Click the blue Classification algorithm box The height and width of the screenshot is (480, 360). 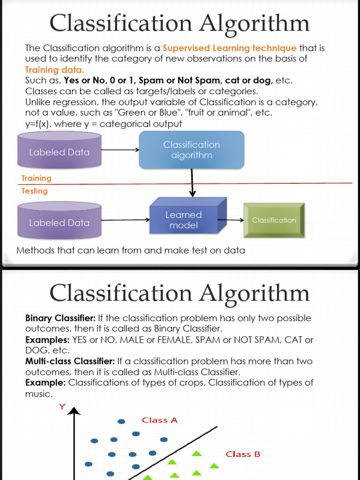pyautogui.click(x=191, y=150)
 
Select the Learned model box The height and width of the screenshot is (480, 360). pyautogui.click(x=184, y=220)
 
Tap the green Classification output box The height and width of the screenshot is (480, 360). pyautogui.click(x=274, y=220)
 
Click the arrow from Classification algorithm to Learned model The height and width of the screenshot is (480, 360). pyautogui.click(x=192, y=183)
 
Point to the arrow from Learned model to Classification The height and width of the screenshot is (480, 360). pyautogui.click(x=231, y=220)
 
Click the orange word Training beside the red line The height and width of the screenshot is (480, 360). pyautogui.click(x=37, y=178)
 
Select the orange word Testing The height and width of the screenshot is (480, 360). pyautogui.click(x=35, y=191)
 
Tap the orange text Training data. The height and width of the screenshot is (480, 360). pyautogui.click(x=54, y=70)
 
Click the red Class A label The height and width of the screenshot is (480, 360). pyautogui.click(x=160, y=420)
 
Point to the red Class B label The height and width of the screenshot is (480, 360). pyautogui.click(x=243, y=454)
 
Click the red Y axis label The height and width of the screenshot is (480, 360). pyautogui.click(x=62, y=407)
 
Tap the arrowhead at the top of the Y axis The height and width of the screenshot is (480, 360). pyautogui.click(x=74, y=411)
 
